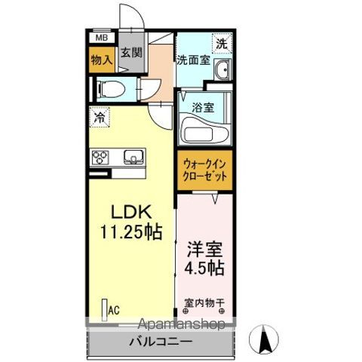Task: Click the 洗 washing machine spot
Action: click(221, 44)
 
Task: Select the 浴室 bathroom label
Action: click(203, 107)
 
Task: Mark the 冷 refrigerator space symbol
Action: click(98, 117)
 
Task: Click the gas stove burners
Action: click(100, 158)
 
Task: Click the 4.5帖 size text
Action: click(204, 269)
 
